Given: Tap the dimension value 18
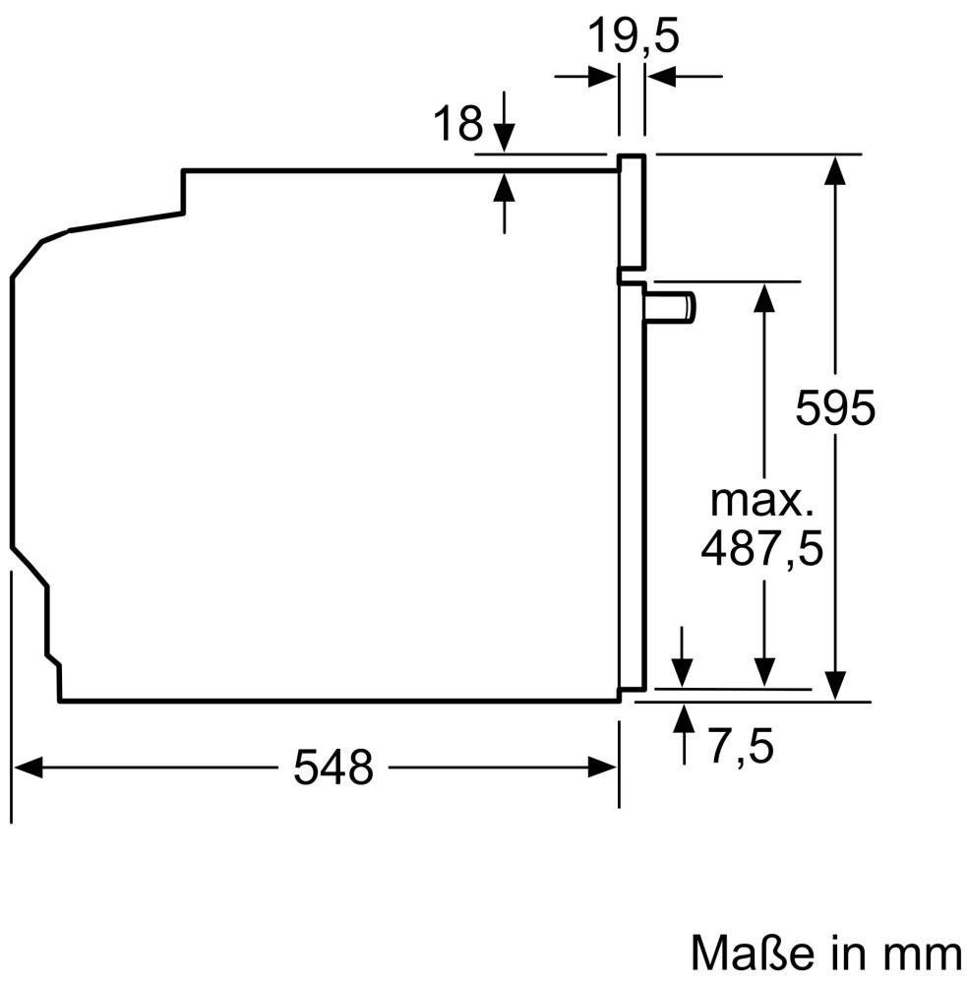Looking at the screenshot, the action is coord(458,123).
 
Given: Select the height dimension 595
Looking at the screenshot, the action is coord(834,408).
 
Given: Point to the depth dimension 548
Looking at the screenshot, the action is coord(333,767).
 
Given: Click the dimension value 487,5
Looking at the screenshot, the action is coord(761,549).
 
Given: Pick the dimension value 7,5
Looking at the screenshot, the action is coord(742,747).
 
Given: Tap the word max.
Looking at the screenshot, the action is coord(761,502).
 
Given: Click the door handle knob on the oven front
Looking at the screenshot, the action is coord(669,307).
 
